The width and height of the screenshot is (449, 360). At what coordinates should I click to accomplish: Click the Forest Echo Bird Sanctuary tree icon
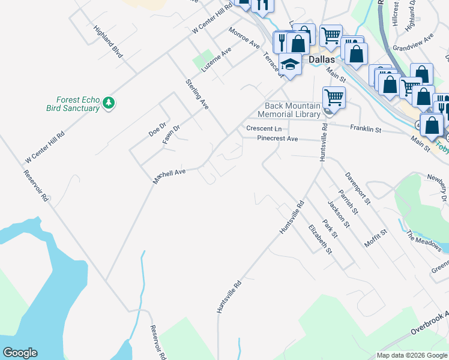[109, 103]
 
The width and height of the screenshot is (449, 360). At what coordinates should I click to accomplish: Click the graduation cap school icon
[291, 65]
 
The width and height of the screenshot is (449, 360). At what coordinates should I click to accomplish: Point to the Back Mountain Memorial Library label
[289, 109]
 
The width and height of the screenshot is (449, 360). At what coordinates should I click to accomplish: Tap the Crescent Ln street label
[264, 129]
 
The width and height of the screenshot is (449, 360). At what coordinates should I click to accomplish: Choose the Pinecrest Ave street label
[277, 139]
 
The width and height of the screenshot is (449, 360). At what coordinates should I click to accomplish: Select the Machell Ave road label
[170, 175]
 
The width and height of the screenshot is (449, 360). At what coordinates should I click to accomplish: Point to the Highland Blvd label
[108, 41]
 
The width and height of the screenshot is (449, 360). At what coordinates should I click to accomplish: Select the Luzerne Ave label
[216, 61]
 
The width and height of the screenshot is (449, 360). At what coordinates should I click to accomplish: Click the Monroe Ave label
[244, 37]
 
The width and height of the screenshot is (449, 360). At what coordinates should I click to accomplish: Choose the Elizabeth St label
[320, 239]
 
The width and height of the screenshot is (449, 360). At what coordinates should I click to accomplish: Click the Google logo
[20, 353]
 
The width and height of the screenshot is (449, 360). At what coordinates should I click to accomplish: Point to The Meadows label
[424, 242]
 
